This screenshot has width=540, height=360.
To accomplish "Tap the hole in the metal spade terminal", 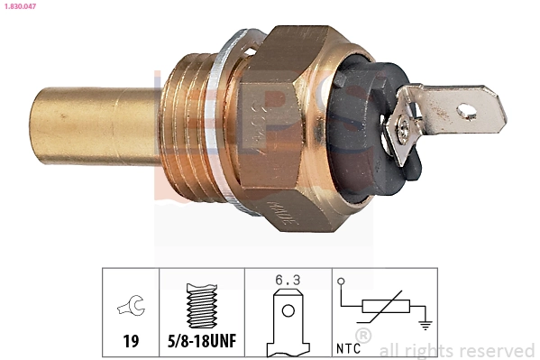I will (466, 112).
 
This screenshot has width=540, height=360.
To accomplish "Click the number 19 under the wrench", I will (131, 341).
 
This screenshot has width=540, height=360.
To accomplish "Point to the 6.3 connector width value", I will (288, 279).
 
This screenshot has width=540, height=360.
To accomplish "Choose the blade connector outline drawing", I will (288, 320).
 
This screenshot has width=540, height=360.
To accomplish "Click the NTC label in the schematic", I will (349, 345).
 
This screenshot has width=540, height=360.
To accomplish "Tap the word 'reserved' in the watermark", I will (498, 350).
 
